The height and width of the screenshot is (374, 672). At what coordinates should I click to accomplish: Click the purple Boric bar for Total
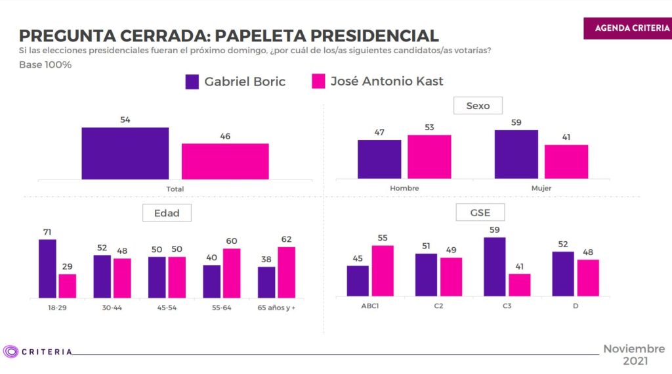click(125, 153)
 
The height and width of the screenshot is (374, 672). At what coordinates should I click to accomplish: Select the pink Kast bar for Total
click(225, 161)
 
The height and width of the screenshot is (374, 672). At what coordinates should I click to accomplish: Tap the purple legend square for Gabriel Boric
click(192, 82)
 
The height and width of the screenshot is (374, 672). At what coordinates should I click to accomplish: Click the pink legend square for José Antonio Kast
click(318, 82)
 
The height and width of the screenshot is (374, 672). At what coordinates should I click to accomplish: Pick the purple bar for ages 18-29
click(47, 268)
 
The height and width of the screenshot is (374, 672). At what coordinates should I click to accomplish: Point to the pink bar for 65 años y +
click(286, 272)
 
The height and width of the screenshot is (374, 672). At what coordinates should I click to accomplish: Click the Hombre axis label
click(404, 188)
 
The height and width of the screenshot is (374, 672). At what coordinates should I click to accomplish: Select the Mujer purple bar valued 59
click(516, 154)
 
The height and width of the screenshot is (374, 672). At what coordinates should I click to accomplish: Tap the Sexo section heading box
click(478, 105)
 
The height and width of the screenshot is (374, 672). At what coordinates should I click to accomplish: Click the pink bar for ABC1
click(383, 271)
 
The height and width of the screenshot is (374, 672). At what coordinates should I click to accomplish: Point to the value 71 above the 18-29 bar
click(47, 232)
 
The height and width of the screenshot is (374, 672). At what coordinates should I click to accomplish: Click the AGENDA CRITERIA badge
click(627, 28)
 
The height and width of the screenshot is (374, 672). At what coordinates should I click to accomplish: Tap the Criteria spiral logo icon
click(10, 352)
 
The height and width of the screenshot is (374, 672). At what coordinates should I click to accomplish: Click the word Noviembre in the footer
click(634, 349)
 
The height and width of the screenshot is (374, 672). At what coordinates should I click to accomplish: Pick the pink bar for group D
click(588, 278)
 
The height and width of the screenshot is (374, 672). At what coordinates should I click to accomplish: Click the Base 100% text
click(45, 65)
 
